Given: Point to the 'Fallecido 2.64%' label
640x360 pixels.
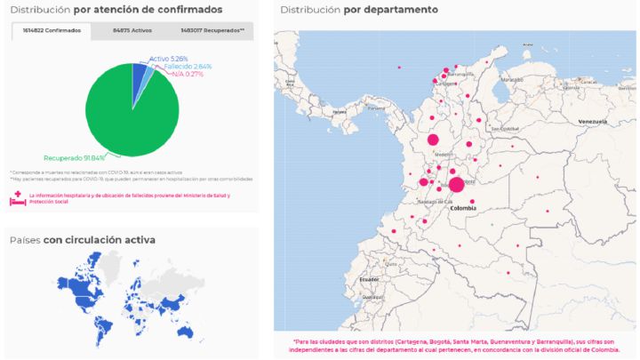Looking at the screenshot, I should click(186, 67).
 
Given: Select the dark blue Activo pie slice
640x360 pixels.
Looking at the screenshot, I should click(139, 71).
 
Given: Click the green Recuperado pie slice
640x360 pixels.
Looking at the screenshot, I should click(124, 116).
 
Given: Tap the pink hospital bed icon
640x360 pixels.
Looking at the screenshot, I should click(18, 198).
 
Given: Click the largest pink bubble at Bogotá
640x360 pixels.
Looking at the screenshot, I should click(456, 185).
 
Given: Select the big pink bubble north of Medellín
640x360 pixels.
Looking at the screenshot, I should click(434, 140).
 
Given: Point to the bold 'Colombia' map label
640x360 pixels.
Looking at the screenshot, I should click(464, 210).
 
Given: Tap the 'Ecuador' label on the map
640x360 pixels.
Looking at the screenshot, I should click(368, 279).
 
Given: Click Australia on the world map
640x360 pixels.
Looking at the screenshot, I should click(183, 332).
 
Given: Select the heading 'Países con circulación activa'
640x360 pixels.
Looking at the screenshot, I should click(82, 240).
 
